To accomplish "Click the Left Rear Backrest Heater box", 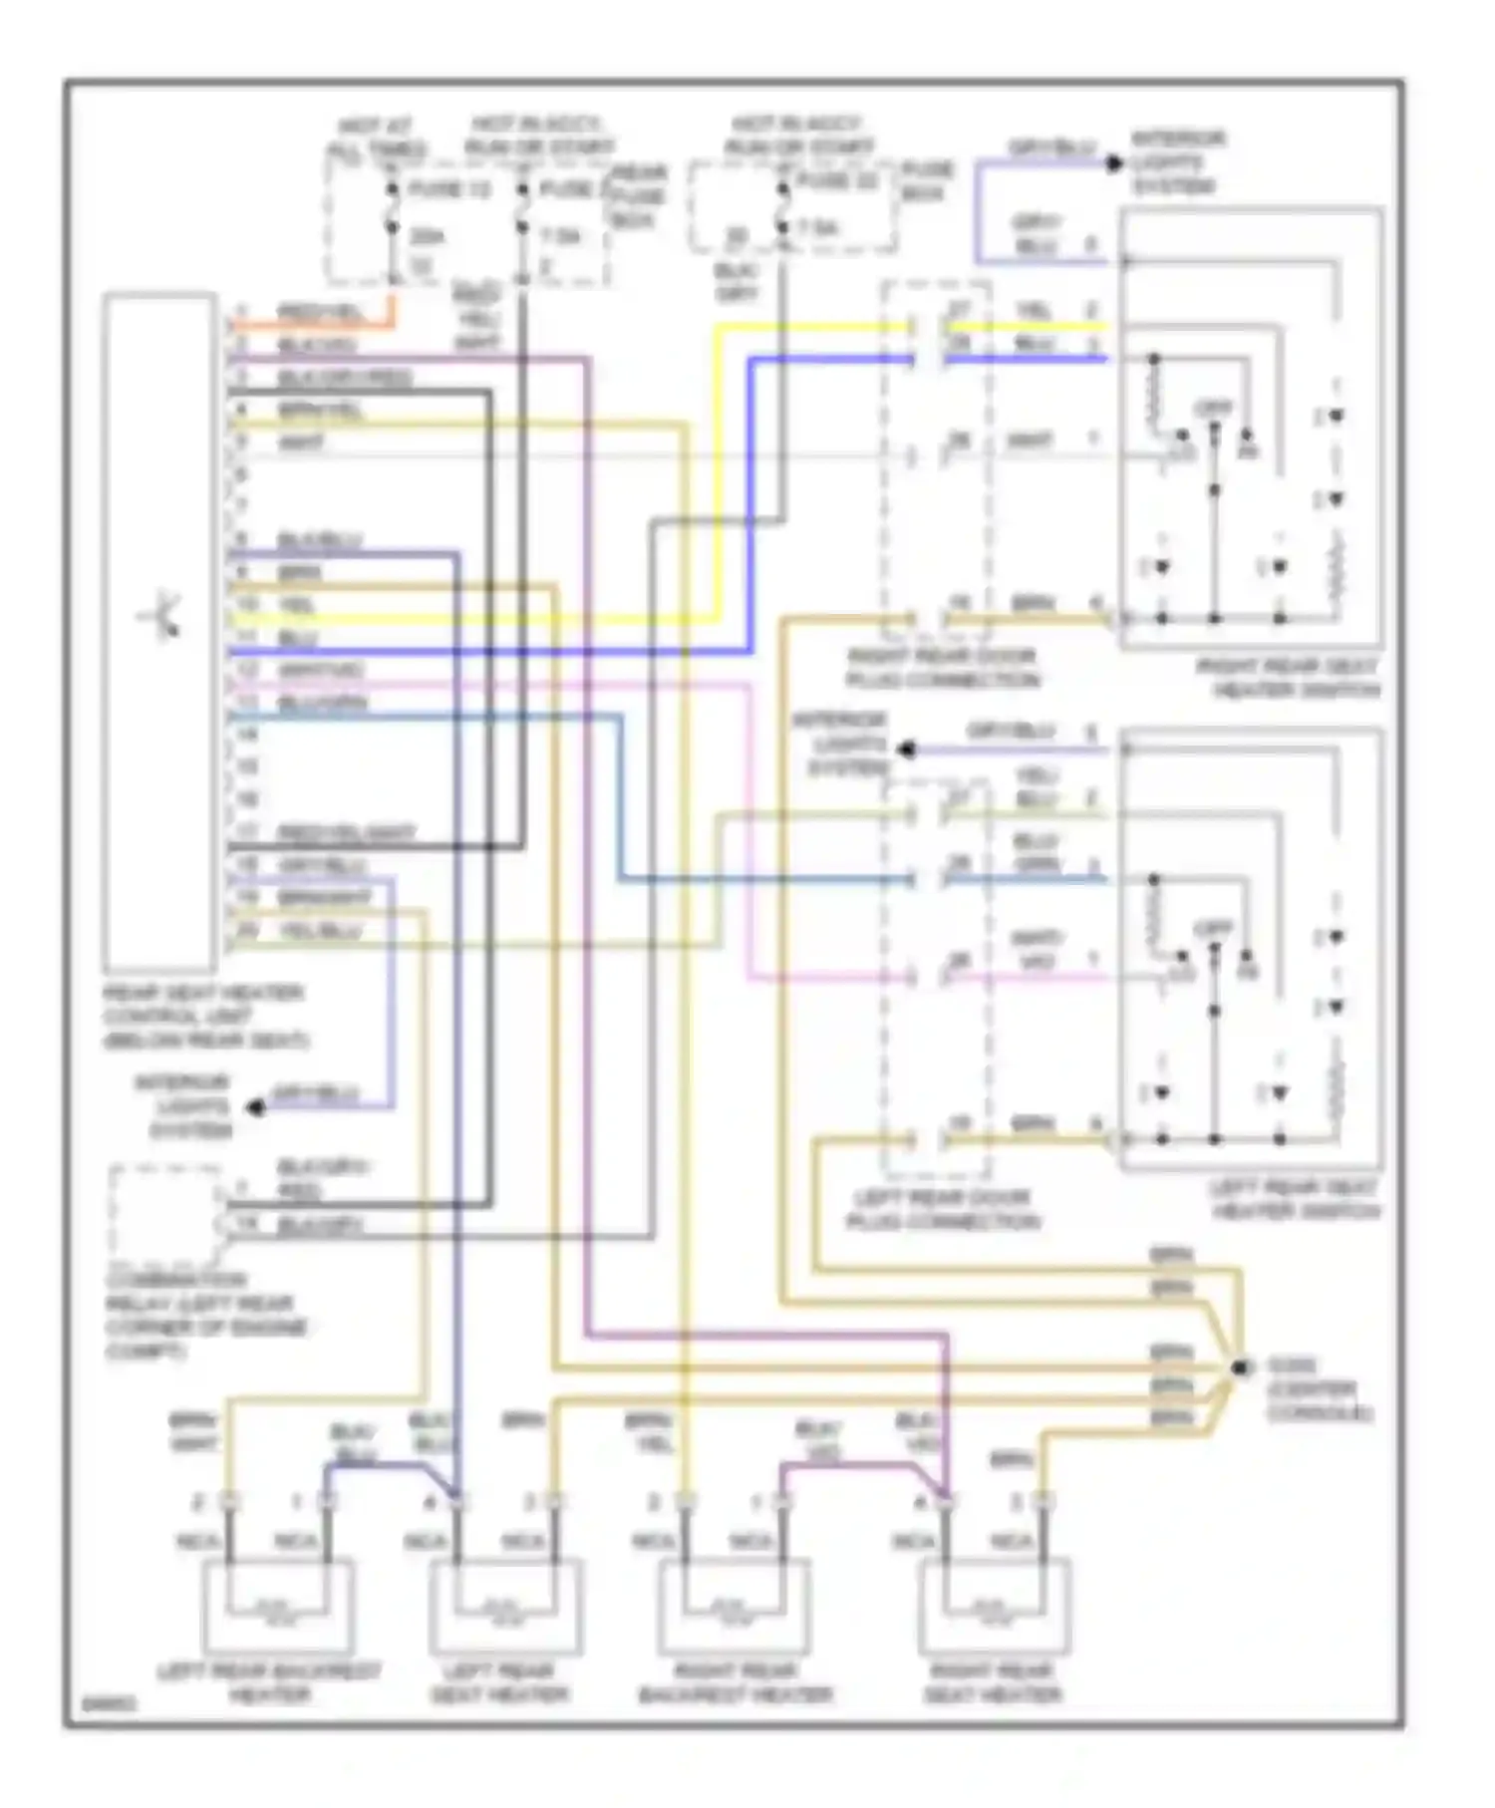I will [x=278, y=1606].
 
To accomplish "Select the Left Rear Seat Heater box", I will [x=506, y=1606].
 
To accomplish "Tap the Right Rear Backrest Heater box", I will [x=735, y=1606].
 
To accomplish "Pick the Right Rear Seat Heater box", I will [x=994, y=1606].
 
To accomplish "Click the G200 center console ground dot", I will [x=1239, y=1368].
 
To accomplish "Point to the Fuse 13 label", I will [x=449, y=188].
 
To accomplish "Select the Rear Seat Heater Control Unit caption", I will [x=205, y=1017].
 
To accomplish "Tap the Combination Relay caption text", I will [x=206, y=1316].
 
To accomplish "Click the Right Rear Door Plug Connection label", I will [x=941, y=669].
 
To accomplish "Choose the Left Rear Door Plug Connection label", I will [x=941, y=1209].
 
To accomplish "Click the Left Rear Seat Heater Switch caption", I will [x=1296, y=1199].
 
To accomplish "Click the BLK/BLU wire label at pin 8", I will [x=319, y=540].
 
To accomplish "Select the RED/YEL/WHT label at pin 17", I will [x=346, y=832].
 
